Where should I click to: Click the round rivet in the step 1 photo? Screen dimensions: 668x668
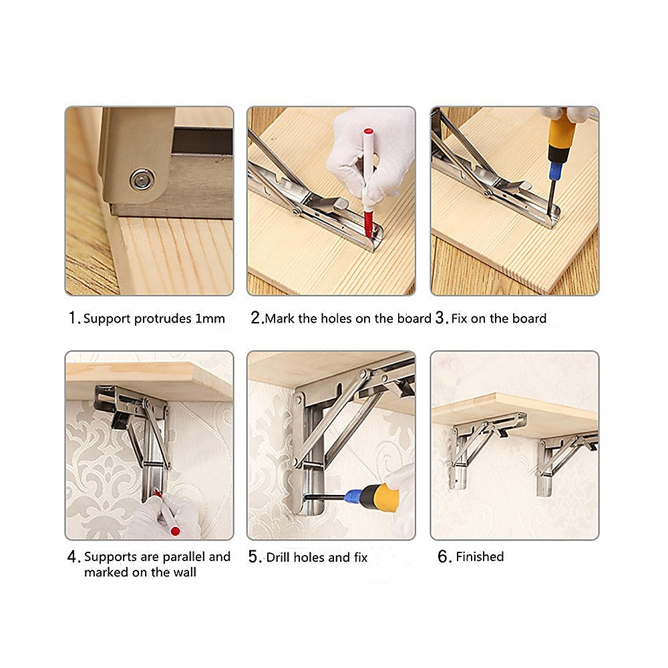(x=142, y=179)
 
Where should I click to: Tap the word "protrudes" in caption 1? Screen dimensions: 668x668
(x=163, y=319)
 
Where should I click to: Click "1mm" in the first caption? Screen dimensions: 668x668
(x=210, y=319)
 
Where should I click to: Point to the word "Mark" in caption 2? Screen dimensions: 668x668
(x=280, y=319)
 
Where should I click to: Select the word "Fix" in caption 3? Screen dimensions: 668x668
(x=459, y=319)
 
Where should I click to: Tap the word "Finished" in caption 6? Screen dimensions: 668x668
(x=480, y=557)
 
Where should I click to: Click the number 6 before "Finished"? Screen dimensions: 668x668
(x=444, y=557)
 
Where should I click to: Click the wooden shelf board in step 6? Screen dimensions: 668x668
(x=514, y=407)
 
